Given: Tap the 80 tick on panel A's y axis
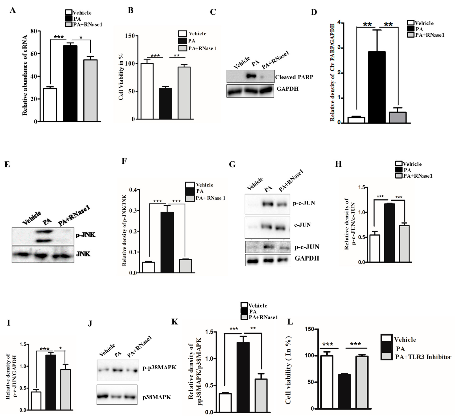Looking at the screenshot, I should pyautogui.click(x=33, y=31).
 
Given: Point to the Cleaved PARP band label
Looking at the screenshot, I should pyautogui.click(x=294, y=77).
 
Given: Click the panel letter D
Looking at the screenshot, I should pyautogui.click(x=314, y=12).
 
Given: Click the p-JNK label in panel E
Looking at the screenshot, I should pyautogui.click(x=85, y=235).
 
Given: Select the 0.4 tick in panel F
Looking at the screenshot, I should pyautogui.click(x=133, y=190).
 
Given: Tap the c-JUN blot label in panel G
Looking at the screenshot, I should pyautogui.click(x=302, y=225).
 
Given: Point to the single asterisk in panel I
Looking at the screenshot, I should pyautogui.click(x=60, y=348).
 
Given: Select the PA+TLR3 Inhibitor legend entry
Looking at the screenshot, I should pyautogui.click(x=423, y=357).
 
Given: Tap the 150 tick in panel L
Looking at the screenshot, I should pyautogui.click(x=309, y=329).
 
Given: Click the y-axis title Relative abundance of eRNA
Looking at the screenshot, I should pyautogui.click(x=25, y=75).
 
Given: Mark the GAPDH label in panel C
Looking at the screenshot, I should pyautogui.click(x=287, y=89).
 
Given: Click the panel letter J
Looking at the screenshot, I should pyautogui.click(x=90, y=324).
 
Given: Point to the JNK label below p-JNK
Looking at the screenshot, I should pyautogui.click(x=83, y=254).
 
